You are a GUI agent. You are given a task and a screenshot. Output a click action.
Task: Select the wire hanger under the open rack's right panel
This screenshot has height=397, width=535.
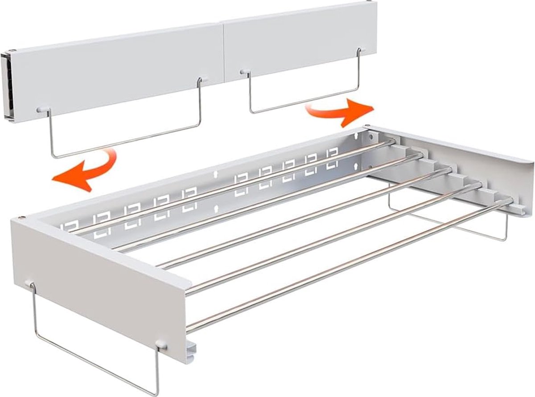[x=450, y=223]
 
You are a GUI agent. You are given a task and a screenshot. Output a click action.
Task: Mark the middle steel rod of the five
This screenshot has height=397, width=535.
[x=303, y=218]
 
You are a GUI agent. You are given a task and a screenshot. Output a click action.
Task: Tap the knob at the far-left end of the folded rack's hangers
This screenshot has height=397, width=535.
[x=41, y=109]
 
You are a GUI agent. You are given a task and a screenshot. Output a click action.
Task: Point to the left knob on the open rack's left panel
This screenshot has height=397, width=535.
[x=30, y=283]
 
